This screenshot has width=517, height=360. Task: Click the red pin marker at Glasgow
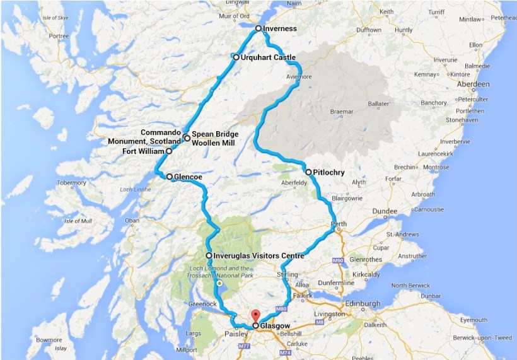tap(255, 315)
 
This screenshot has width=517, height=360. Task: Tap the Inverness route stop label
tap(279, 29)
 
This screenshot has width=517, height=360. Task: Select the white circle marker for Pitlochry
tap(308, 172)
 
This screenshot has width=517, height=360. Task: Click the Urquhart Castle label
tap(268, 57)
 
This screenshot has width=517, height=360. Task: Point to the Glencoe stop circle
tap(170, 177)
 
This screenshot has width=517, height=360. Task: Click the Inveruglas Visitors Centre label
tap(258, 255)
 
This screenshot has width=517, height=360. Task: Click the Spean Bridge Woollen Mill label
tap(214, 139)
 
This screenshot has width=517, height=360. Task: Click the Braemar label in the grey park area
tap(342, 112)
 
